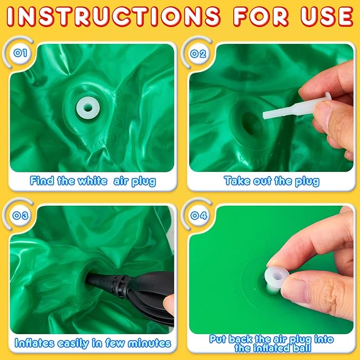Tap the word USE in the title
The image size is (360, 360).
[327, 16]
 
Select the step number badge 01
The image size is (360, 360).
[21, 53]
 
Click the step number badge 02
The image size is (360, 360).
[199, 54]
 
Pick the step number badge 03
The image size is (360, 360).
[21, 215]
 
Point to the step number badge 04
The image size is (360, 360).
[199, 215]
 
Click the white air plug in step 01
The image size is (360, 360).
[88, 108]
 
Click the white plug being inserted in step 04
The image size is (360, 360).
[276, 279]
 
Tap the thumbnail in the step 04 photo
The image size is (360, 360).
[296, 291]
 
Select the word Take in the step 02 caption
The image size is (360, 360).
[238, 181]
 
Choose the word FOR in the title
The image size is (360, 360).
[261, 16]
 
